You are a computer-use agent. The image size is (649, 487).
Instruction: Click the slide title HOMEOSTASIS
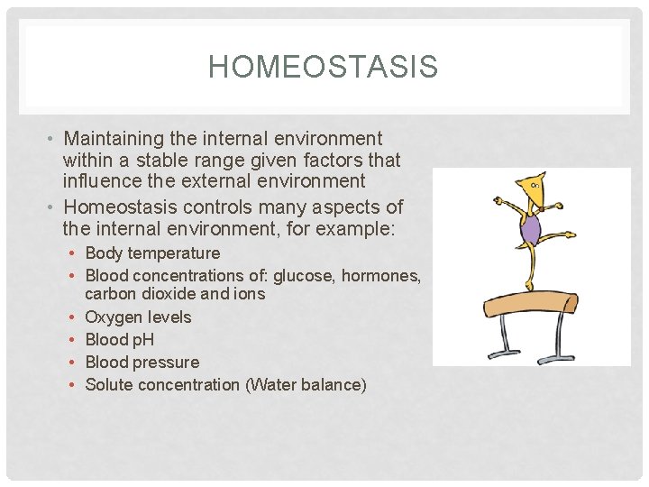coord(323,67)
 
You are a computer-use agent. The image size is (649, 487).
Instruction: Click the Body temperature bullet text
coord(152,253)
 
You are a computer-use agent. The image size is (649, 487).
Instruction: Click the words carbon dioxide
coord(141,293)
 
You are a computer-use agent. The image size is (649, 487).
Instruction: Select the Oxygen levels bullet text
coord(138,317)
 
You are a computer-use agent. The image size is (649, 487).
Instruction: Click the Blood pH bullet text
coord(119,340)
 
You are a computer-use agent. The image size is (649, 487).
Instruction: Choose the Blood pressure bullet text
coord(142,363)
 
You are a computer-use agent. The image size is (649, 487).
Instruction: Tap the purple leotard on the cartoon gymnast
coord(533,228)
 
